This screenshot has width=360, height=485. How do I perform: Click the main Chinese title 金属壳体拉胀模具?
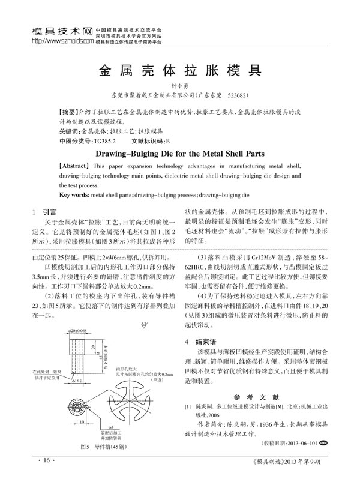coord(179,68)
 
